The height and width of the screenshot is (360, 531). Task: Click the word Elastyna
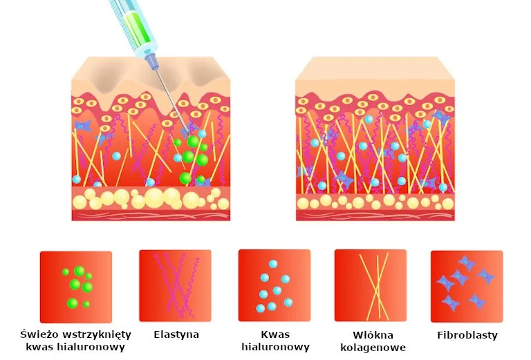[x=176, y=334]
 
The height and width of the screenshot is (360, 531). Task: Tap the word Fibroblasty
[x=467, y=335]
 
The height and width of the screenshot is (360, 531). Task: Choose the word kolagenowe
[x=373, y=348]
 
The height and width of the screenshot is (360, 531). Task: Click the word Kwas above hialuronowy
[x=275, y=334]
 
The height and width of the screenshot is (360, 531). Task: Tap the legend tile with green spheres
[x=76, y=287]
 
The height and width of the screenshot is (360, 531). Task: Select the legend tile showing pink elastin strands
[x=175, y=286]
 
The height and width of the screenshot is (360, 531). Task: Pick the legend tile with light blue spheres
[x=274, y=285]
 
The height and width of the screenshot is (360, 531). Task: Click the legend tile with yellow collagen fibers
[x=371, y=285]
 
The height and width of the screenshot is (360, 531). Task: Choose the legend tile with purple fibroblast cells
[x=467, y=286]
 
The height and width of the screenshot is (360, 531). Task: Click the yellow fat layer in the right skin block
[x=375, y=202]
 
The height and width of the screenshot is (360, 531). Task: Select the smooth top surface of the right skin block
[x=375, y=68]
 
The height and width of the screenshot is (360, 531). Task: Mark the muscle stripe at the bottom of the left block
[x=151, y=215]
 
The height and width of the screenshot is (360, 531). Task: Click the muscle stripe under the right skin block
[x=375, y=216]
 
